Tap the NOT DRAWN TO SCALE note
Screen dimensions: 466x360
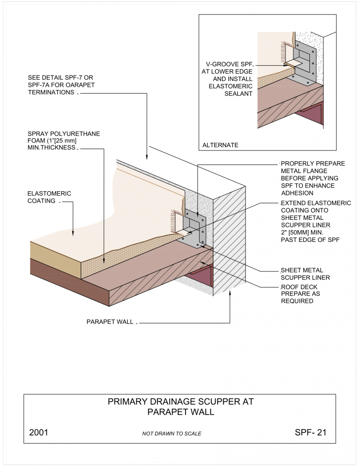point(172,434)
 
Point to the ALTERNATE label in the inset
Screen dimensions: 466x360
point(220,145)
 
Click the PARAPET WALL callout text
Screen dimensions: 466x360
point(110,323)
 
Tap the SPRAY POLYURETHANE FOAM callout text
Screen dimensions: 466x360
point(63,141)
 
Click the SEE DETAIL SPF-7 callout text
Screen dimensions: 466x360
point(63,84)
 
